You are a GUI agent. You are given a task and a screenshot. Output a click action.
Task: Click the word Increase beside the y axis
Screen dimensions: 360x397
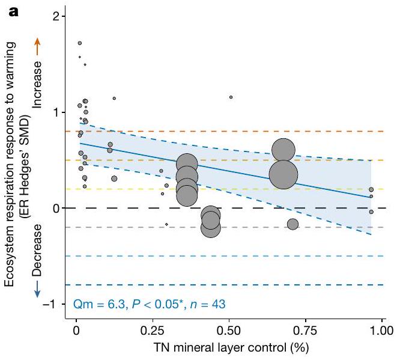click(37, 84)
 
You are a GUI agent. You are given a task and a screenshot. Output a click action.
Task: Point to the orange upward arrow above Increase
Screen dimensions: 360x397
click(37, 45)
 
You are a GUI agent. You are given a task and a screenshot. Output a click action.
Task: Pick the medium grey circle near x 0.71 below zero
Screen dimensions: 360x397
click(292, 224)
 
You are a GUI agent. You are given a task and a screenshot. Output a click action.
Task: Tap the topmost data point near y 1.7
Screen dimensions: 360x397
click(80, 43)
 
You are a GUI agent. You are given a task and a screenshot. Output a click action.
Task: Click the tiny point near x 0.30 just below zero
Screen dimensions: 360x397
click(166, 224)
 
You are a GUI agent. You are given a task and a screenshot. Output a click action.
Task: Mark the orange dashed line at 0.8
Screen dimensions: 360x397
click(240, 131)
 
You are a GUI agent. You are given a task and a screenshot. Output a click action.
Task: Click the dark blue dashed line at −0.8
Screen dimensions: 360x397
click(240, 285)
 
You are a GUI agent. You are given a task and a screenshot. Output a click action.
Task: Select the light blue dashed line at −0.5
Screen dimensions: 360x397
click(240, 256)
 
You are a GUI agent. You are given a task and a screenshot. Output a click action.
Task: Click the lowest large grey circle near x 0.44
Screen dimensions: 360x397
click(211, 228)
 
